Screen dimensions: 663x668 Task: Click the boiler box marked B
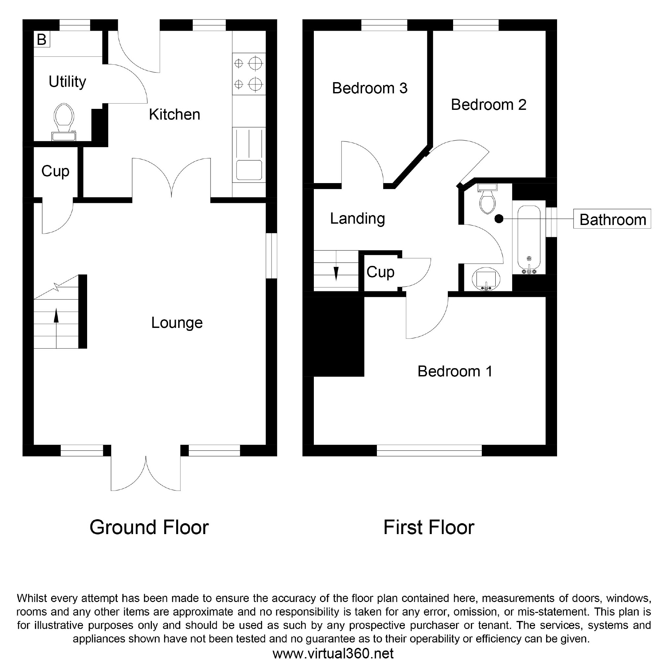42,39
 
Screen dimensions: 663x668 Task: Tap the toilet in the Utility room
64,117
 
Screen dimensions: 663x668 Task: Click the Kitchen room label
174,114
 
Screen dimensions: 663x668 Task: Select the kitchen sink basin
249,170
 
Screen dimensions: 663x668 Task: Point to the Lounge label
177,323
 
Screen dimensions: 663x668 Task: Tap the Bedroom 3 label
369,88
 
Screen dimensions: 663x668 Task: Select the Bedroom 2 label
488,105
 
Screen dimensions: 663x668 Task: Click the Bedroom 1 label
454,371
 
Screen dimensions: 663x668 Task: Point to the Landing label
357,218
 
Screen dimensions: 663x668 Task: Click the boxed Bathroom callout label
612,220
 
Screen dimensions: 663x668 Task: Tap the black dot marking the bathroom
499,218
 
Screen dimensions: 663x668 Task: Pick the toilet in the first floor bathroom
487,201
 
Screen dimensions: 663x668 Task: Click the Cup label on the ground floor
55,171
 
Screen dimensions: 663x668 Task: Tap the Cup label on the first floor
380,272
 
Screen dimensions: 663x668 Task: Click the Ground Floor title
149,527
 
